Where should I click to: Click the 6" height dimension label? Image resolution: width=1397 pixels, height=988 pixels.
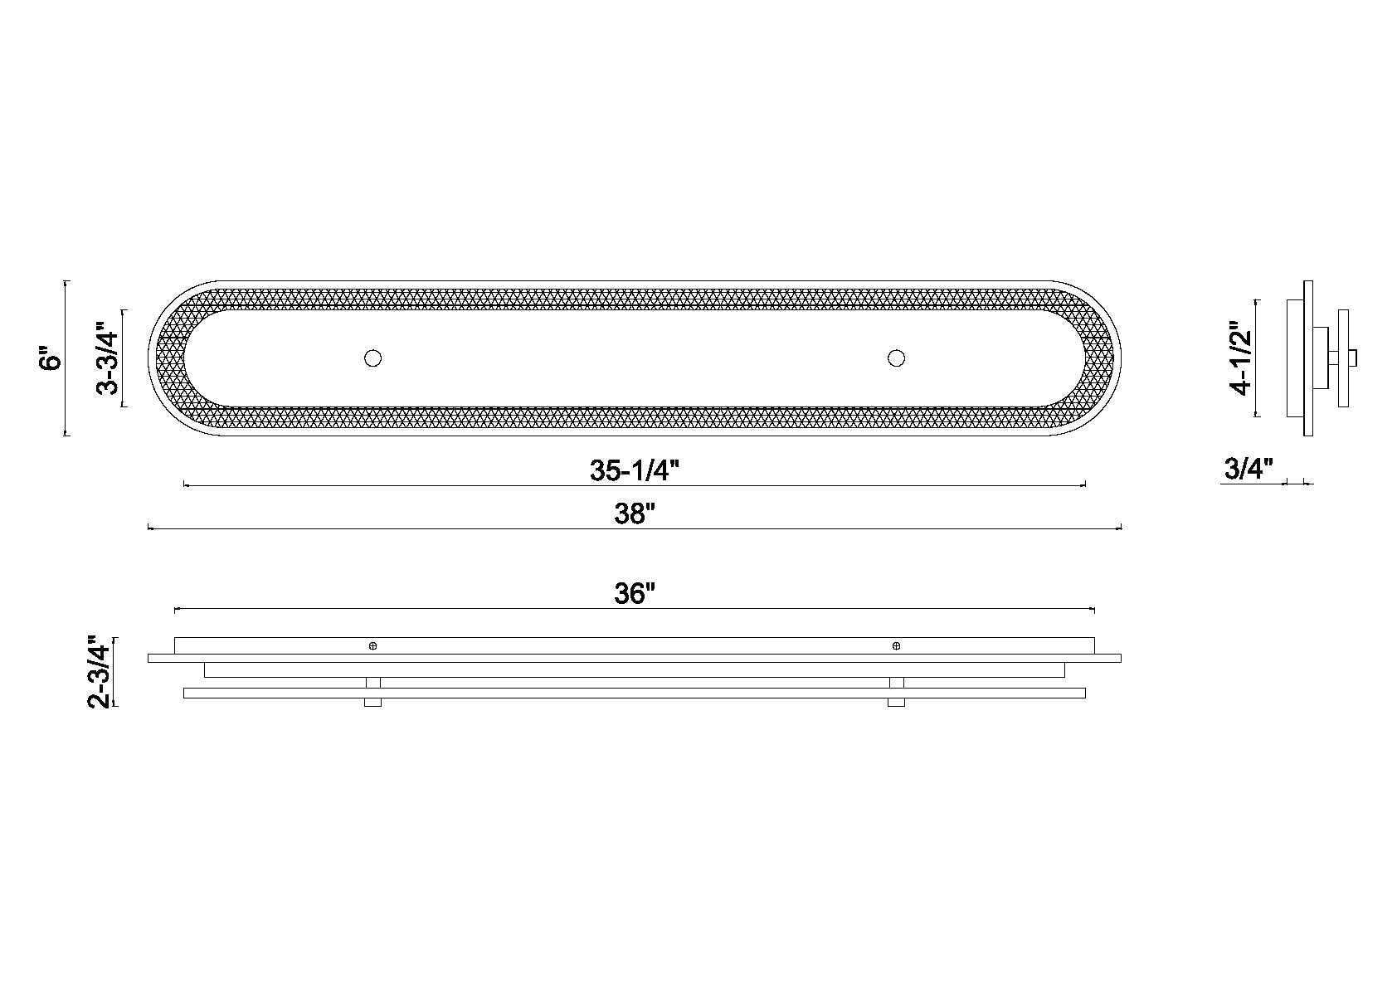51,359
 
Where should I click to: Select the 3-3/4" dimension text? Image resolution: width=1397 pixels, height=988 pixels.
109,358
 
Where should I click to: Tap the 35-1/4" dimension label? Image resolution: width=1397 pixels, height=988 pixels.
635,470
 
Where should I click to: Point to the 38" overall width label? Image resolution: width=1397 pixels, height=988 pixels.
635,514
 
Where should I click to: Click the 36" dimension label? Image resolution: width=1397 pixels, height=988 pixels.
635,594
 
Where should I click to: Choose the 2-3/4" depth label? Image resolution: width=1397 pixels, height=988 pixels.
99,672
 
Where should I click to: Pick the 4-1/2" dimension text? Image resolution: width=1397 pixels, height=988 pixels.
1242,358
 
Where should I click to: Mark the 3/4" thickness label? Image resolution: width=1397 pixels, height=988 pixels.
1249,470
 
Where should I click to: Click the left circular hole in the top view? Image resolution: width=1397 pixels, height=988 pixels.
373,358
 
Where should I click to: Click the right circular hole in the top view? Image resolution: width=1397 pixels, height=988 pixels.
896,358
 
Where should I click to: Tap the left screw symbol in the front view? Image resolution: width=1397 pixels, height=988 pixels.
373,645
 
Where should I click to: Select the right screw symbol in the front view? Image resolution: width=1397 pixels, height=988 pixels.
896,645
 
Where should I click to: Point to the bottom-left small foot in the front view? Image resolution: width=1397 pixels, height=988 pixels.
373,703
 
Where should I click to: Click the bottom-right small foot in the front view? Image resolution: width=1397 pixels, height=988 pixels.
896,703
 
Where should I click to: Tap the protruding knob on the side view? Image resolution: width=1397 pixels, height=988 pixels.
1353,358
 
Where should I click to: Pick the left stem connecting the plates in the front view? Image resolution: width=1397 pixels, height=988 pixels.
373,683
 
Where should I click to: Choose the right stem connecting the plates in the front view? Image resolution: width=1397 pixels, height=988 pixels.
896,683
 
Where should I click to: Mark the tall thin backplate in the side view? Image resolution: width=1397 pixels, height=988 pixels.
1308,358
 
